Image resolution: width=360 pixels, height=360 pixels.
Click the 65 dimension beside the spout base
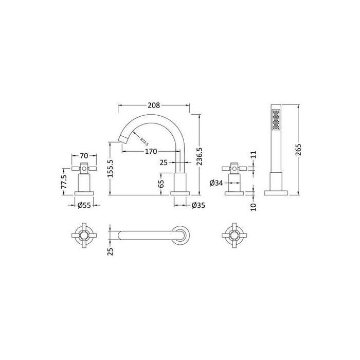pos(161,182)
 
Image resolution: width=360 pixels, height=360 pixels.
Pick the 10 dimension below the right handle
pos(253,206)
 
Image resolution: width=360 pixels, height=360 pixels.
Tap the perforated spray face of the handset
pos(275,122)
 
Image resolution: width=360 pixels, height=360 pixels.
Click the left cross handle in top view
pos(80,235)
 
